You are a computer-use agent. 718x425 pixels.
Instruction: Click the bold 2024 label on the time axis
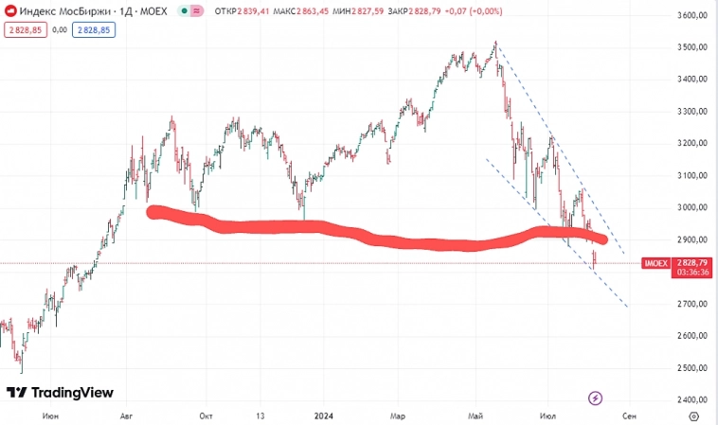tap(324, 415)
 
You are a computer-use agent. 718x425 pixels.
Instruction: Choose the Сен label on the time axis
tap(628, 415)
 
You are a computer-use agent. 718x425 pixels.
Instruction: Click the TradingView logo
tap(60, 392)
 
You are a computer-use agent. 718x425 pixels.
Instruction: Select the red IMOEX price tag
tap(655, 263)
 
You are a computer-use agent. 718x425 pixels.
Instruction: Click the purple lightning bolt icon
tap(596, 398)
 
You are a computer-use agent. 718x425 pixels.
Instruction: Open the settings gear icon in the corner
tap(694, 415)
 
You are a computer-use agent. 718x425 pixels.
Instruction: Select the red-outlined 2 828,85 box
tap(22, 29)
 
